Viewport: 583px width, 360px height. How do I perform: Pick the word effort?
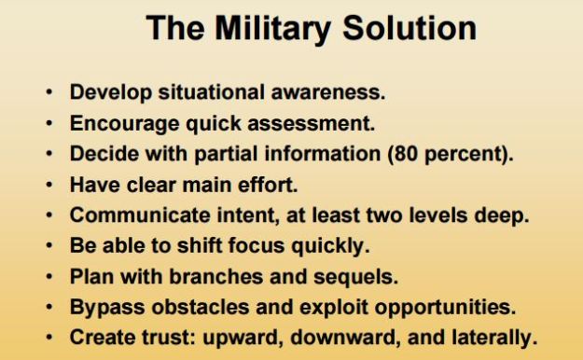click(268, 185)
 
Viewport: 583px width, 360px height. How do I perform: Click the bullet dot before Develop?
click(48, 94)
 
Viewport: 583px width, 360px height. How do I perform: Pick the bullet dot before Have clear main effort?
click(48, 185)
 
